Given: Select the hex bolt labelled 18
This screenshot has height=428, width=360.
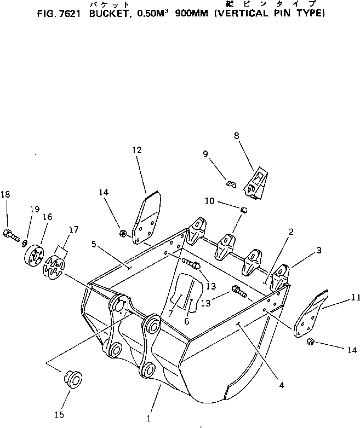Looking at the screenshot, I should (11, 235).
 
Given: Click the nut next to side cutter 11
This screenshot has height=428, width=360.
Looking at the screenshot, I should (309, 342).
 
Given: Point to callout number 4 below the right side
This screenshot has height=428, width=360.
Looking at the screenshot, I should (281, 385).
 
